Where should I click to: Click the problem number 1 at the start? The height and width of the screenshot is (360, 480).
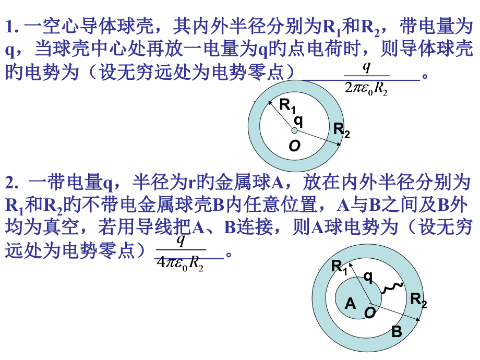pyautogui.click(x=11, y=27)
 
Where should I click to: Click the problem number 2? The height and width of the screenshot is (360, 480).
pyautogui.click(x=11, y=183)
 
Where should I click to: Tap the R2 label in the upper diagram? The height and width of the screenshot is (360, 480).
pyautogui.click(x=341, y=130)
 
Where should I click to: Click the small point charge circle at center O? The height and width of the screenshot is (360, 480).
pyautogui.click(x=294, y=131)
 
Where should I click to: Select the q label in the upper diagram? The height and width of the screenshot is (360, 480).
pyautogui.click(x=298, y=121)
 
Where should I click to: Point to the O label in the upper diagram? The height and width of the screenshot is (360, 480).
pyautogui.click(x=294, y=146)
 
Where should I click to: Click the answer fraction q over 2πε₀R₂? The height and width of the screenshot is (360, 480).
pyautogui.click(x=366, y=79)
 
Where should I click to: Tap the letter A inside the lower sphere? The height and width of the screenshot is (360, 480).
pyautogui.click(x=350, y=304)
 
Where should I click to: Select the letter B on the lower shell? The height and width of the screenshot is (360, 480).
pyautogui.click(x=397, y=331)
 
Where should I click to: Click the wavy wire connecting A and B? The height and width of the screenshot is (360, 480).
pyautogui.click(x=391, y=289)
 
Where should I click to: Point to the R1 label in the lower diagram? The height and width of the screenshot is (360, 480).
pyautogui.click(x=339, y=267)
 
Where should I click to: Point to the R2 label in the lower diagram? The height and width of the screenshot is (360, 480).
pyautogui.click(x=418, y=300)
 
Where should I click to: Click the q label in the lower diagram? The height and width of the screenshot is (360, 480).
pyautogui.click(x=368, y=278)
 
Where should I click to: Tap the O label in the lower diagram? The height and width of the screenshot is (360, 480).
pyautogui.click(x=370, y=313)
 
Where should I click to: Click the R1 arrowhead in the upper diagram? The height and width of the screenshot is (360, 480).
pyautogui.click(x=270, y=103)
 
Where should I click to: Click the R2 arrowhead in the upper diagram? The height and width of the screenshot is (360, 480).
pyautogui.click(x=339, y=144)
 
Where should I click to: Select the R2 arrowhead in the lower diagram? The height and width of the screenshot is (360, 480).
pyautogui.click(x=417, y=319)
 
